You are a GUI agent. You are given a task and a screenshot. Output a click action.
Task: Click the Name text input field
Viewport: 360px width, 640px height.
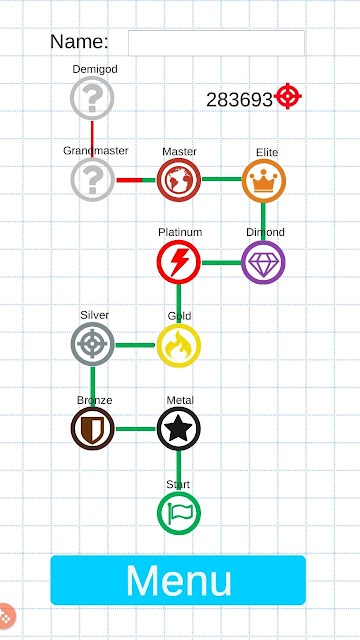tap(216, 43)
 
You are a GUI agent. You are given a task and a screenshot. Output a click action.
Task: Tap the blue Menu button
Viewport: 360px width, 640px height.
tap(178, 580)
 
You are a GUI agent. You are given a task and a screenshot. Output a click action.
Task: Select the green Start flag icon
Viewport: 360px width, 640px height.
tap(179, 513)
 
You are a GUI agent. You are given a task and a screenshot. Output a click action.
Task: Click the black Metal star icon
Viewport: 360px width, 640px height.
tap(178, 429)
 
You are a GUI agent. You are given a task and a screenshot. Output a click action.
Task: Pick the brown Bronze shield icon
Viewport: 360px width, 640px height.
tap(93, 429)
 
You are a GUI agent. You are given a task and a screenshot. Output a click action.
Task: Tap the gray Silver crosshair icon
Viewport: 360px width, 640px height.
tap(93, 344)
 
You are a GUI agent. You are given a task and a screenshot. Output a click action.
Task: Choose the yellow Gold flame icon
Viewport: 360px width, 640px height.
tap(179, 346)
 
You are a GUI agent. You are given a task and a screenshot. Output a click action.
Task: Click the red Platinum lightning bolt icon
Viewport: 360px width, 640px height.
tap(179, 262)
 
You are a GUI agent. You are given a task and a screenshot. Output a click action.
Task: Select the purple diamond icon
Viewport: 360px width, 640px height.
tap(263, 262)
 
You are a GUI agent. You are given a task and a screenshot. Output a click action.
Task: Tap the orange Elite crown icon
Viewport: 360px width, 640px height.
tap(264, 181)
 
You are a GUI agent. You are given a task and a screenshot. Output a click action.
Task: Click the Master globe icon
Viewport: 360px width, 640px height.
tap(179, 180)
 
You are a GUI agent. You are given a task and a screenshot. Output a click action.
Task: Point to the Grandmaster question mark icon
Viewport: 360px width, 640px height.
tap(93, 180)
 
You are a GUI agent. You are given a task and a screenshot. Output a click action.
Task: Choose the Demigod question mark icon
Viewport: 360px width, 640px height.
tap(92, 98)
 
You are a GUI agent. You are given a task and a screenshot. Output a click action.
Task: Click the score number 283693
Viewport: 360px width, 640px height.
tap(239, 100)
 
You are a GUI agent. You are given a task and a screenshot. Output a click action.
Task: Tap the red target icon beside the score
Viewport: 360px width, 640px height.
tap(288, 96)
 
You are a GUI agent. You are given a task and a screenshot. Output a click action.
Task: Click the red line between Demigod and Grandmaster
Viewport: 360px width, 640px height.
tap(92, 139)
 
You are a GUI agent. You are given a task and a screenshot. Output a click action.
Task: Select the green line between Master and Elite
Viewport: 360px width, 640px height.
tap(222, 179)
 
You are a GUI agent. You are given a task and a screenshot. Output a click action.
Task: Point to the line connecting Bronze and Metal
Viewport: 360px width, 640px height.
tap(136, 429)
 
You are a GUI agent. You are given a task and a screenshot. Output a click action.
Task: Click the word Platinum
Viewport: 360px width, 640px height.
tap(180, 232)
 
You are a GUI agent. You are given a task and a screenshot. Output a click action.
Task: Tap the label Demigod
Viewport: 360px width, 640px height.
tap(95, 69)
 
